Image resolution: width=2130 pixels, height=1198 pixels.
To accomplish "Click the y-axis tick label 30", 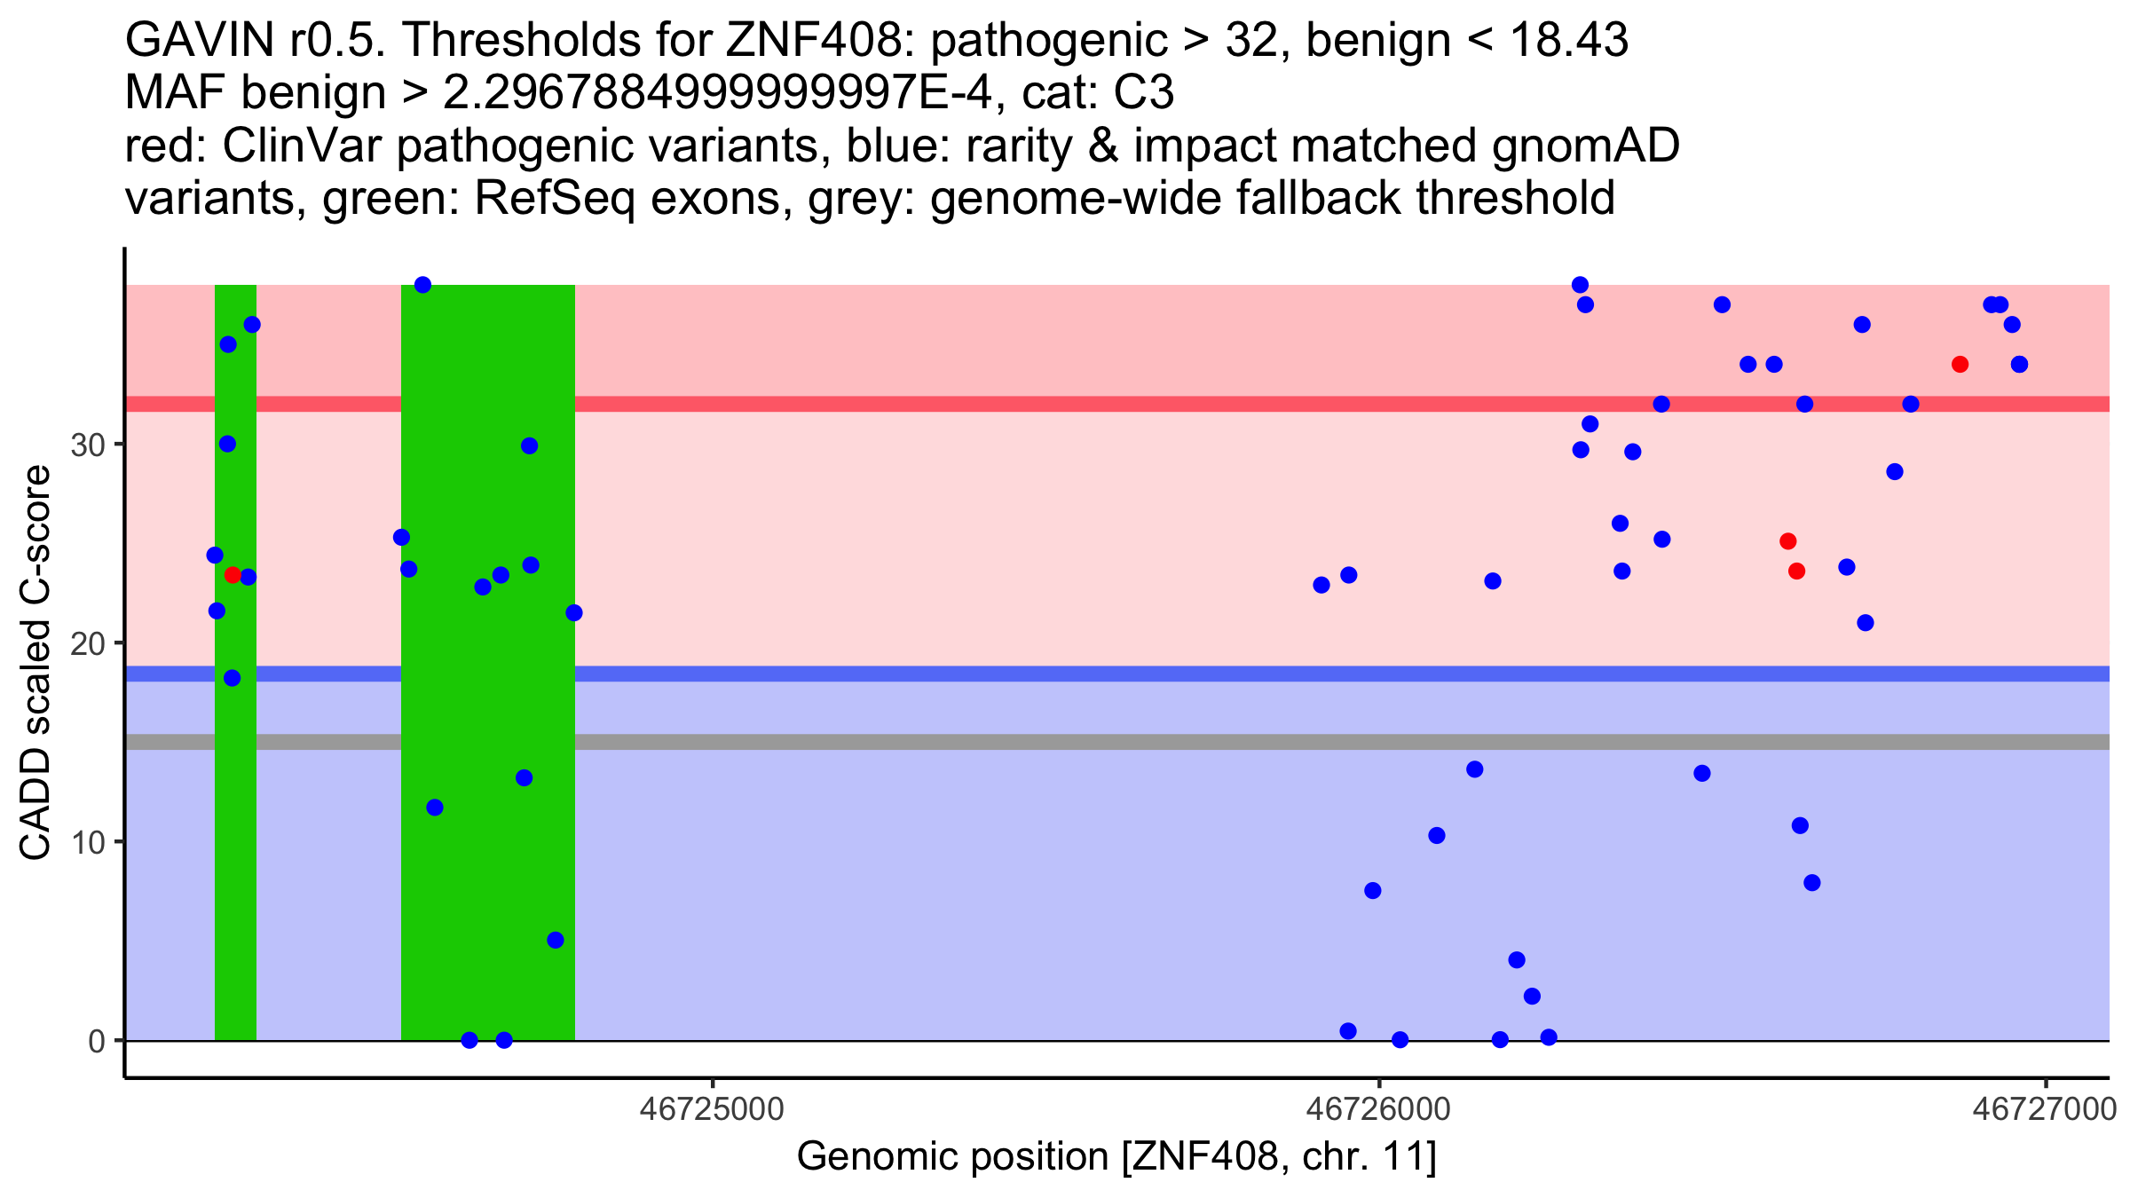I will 87,445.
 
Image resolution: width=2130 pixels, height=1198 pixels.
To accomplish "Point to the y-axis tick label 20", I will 87,643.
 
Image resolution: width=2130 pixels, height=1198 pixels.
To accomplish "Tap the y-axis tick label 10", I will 87,842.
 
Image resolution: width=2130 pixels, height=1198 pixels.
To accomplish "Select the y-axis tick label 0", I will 97,1041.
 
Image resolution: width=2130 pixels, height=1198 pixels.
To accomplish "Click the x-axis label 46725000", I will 712,1109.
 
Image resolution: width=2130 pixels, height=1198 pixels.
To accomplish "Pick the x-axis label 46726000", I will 1378,1109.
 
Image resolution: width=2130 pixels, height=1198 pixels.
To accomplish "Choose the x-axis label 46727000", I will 2045,1109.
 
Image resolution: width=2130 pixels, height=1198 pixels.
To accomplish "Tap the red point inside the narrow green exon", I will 233,575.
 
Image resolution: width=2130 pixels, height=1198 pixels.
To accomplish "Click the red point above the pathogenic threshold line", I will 1960,365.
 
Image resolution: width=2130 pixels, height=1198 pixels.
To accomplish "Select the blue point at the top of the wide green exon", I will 423,285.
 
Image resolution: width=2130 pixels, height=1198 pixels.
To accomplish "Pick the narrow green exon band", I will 236,799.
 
